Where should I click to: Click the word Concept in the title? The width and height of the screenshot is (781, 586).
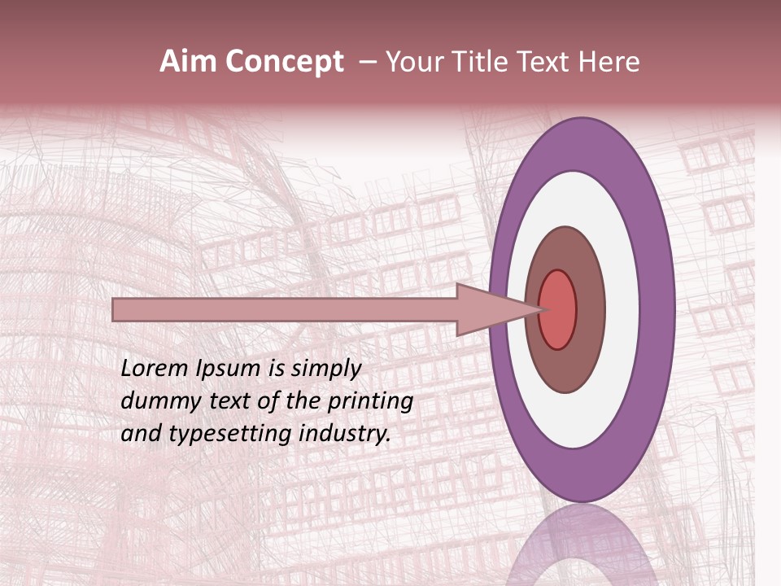284,62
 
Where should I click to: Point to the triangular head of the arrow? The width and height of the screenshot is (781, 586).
488,309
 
